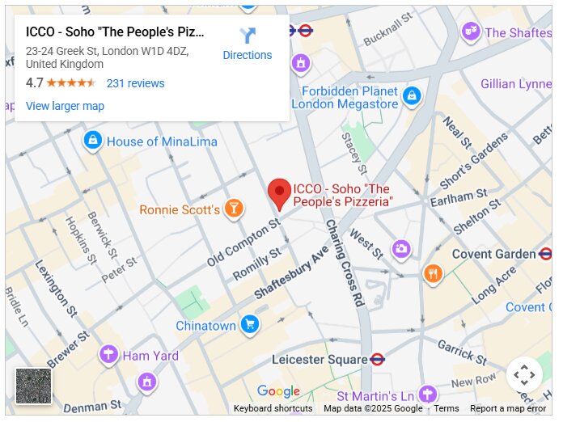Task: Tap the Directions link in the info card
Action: tap(248, 44)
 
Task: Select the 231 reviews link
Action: tap(135, 83)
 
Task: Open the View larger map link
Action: tap(65, 106)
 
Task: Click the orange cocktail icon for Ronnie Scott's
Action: tap(234, 209)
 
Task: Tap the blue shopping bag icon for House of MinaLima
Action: tap(93, 141)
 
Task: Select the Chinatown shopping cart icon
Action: tap(250, 325)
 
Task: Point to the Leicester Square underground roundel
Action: tap(377, 359)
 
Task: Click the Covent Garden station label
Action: tap(493, 254)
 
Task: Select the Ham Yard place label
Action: tap(150, 356)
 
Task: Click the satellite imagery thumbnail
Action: tap(33, 386)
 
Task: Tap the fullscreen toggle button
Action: tap(524, 375)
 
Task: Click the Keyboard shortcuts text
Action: tap(273, 409)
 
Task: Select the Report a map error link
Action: tap(508, 409)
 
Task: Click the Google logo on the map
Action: tap(278, 392)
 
